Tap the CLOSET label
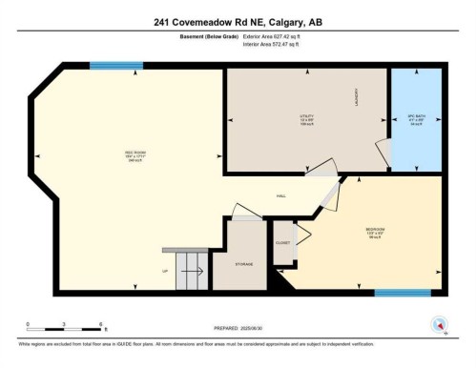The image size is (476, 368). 282,243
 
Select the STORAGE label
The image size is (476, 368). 245,263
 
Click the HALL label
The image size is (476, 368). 282,195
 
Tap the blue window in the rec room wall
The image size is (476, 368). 109,66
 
